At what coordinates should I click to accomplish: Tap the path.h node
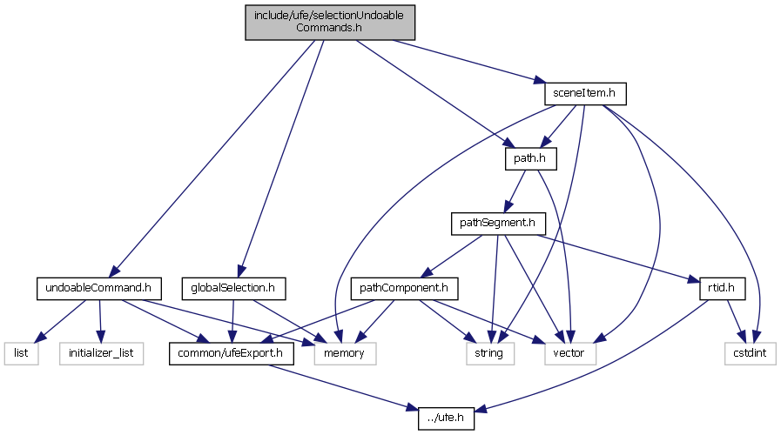[529, 158]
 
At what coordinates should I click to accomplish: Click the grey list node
[23, 353]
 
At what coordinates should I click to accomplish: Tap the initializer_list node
[103, 353]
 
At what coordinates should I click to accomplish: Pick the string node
[488, 353]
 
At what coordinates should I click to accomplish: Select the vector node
[571, 353]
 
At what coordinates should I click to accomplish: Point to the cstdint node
[749, 353]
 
